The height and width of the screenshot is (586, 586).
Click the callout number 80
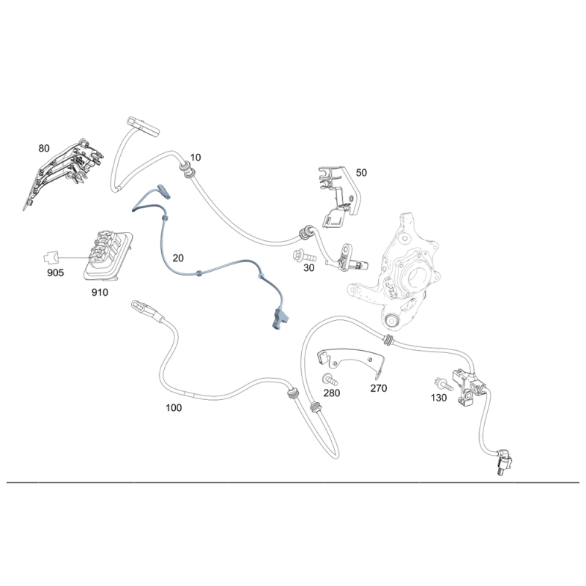(x=44, y=148)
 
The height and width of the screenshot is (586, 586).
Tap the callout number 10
(x=196, y=157)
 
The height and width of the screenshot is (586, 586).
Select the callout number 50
(x=361, y=173)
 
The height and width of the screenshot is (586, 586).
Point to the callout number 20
(x=179, y=258)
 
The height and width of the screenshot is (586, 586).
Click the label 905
(x=55, y=273)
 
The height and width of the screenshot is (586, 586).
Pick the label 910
(x=100, y=292)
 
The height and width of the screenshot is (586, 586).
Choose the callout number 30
(x=308, y=269)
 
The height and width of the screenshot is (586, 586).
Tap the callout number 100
(x=174, y=408)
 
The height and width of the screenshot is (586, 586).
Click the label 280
(x=333, y=393)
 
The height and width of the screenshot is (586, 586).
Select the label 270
(x=378, y=388)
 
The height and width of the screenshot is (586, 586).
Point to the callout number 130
(x=439, y=398)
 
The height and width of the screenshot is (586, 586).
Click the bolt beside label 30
(x=303, y=257)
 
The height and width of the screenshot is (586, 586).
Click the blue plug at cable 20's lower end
(x=279, y=319)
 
